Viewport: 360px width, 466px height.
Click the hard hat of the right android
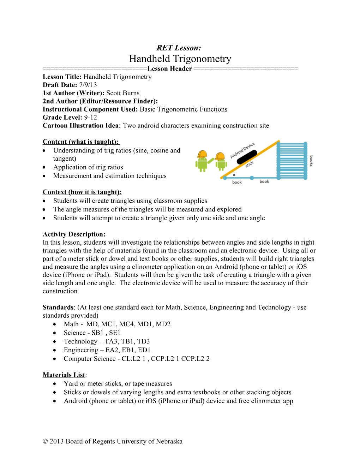click(x=220, y=156)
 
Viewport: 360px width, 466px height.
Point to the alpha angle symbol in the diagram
click(x=234, y=175)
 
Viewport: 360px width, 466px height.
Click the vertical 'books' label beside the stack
click(x=311, y=161)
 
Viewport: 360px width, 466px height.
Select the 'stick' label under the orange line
click(x=250, y=165)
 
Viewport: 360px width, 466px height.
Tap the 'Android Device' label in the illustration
click(x=242, y=150)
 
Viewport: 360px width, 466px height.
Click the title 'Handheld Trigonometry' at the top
click(x=180, y=59)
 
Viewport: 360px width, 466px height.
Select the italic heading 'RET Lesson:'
click(x=179, y=48)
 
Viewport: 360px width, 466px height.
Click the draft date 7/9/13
click(x=88, y=85)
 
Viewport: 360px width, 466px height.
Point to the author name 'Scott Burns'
click(x=123, y=93)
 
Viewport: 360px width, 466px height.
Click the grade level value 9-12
click(x=90, y=118)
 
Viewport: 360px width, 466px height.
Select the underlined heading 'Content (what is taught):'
click(x=81, y=142)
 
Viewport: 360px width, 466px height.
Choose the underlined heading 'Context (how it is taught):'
click(x=82, y=192)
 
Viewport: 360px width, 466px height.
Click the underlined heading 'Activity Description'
click(x=73, y=234)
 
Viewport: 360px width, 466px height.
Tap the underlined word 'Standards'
click(x=58, y=307)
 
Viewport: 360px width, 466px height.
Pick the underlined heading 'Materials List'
click(x=64, y=375)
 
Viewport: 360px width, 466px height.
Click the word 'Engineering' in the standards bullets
click(x=81, y=350)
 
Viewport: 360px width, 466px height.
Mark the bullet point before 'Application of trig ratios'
click(x=44, y=167)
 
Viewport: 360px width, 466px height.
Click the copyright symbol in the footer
click(x=45, y=442)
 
